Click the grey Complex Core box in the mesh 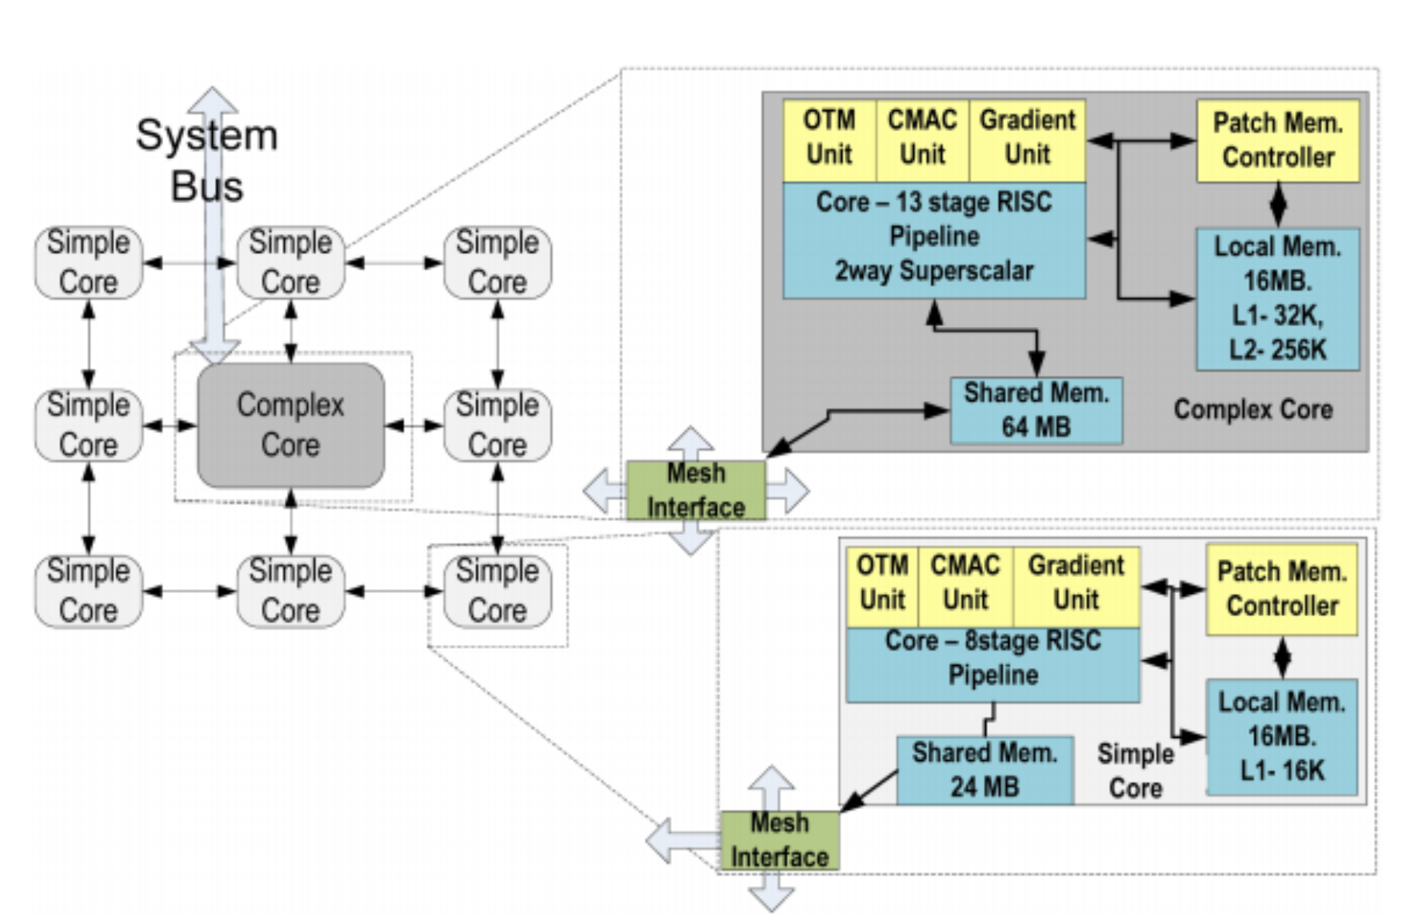point(290,424)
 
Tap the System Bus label point(206,160)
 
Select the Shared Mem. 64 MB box point(1036,410)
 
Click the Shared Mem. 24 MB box point(985,770)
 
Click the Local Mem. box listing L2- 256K point(1277,298)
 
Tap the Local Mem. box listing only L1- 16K point(1281,736)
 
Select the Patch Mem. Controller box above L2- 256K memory point(1277,140)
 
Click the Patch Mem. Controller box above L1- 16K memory point(1281,589)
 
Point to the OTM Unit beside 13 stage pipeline point(829,138)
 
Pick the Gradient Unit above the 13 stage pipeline point(1027,138)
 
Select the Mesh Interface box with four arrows point(695,490)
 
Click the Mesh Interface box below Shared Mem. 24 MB point(779,840)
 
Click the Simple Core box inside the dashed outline point(497,591)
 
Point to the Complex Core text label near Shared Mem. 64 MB point(1252,410)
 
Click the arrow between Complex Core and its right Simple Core point(414,425)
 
